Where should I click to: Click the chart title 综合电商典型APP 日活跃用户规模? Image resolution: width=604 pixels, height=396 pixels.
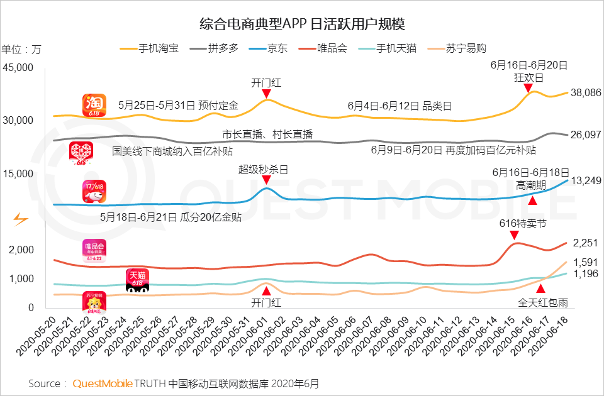coord(302,25)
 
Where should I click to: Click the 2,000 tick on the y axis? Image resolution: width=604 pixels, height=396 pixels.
coord(21,250)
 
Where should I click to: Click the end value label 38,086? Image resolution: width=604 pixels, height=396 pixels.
coord(585,92)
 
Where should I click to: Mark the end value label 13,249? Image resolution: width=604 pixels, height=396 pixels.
coord(585,182)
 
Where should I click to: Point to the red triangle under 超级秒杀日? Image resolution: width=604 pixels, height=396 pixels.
coord(266,181)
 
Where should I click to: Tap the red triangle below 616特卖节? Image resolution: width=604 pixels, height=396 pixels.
coord(515,235)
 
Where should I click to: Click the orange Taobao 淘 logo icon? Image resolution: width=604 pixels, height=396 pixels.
coord(94,105)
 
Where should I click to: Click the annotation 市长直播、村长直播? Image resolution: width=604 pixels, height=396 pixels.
coord(267,135)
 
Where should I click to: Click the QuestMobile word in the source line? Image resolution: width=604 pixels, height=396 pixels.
coord(102,383)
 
